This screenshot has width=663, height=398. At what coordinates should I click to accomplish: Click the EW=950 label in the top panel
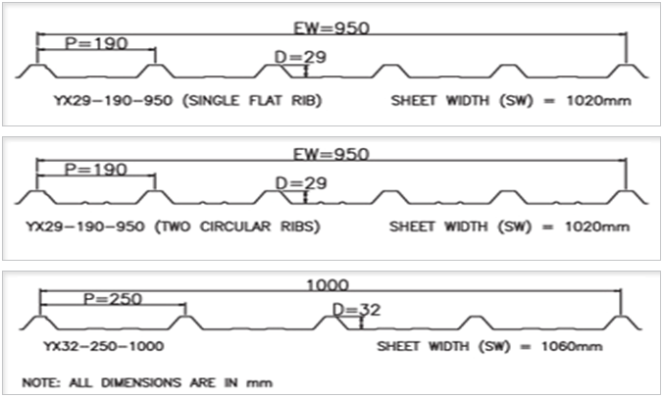331,27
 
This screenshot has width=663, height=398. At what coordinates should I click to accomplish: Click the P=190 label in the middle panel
95,170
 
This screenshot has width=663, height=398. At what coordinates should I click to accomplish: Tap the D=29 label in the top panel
300,57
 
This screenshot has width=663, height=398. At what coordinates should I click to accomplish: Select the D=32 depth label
356,310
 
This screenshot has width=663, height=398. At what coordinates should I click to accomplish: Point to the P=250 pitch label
113,299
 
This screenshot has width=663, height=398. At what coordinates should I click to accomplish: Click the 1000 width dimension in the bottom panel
328,284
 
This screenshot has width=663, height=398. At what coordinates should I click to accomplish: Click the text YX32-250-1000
104,346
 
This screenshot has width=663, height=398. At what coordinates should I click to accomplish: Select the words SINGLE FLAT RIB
252,101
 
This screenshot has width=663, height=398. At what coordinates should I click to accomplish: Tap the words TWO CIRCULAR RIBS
237,226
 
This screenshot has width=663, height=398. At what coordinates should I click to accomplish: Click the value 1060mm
572,346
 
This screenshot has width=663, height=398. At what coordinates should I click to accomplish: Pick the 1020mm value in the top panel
598,101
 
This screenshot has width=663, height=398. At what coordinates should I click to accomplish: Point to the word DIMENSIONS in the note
141,382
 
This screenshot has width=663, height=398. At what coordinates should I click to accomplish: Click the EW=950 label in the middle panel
331,154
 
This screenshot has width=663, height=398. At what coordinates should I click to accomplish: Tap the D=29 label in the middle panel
301,183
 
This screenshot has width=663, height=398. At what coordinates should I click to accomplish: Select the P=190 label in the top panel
96,43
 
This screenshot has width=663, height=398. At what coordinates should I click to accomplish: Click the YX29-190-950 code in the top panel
113,101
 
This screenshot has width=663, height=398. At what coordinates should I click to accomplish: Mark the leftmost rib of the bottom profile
40,323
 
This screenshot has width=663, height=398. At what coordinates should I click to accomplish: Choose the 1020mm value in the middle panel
597,226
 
